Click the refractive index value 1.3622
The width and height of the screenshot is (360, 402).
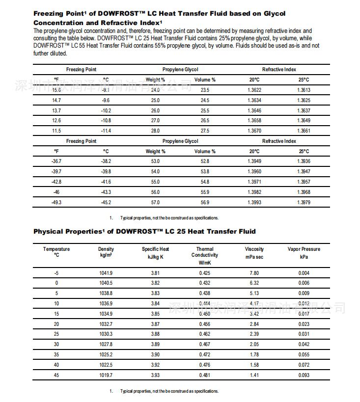point(254,90)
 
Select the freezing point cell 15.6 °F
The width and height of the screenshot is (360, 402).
point(56,90)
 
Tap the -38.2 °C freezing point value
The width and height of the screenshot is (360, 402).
point(106,161)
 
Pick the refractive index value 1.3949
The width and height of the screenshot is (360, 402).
point(254,161)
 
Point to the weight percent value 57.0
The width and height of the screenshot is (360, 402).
point(156,203)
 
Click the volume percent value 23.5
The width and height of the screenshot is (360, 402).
point(205,90)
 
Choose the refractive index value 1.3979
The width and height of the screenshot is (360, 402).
point(304,203)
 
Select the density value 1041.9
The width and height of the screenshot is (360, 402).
point(106,273)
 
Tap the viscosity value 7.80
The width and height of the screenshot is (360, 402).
point(254,273)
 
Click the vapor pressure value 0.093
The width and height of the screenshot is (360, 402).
point(304,375)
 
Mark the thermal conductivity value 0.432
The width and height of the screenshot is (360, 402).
point(205,283)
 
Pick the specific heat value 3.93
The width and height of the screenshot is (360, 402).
point(156,375)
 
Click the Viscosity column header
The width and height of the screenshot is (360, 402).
point(254,252)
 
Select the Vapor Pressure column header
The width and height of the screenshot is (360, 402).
point(304,252)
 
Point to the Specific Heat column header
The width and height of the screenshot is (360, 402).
point(156,252)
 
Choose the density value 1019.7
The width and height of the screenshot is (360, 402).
point(106,375)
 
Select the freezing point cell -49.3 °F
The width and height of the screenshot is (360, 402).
point(56,203)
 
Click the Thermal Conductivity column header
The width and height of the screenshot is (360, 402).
point(205,255)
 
